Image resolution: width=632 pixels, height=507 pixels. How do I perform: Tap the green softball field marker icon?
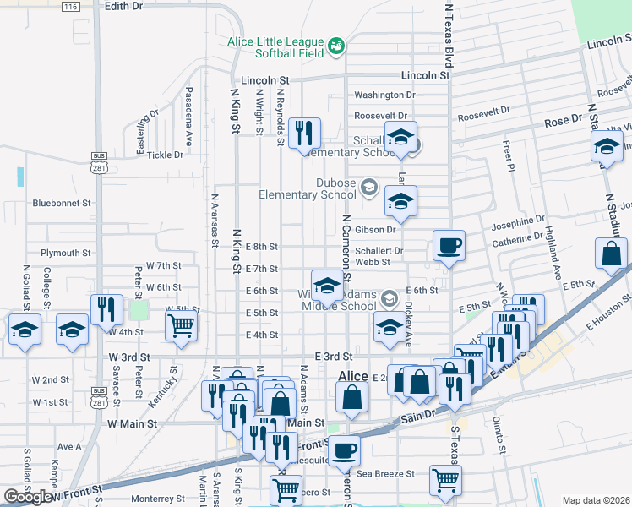[x=336, y=44]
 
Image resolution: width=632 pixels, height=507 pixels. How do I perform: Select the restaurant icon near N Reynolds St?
[x=304, y=134]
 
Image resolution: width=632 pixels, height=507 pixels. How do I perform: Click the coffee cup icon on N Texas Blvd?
[x=449, y=246]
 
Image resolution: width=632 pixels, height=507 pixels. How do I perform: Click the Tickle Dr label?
[x=165, y=155]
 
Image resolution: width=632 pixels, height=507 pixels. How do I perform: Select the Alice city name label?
[x=352, y=377]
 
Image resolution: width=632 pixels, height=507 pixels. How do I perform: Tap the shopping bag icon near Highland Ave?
[x=611, y=253]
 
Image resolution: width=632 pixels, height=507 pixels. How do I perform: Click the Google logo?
[x=29, y=498]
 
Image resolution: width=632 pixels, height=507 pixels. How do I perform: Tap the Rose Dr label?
[x=557, y=122]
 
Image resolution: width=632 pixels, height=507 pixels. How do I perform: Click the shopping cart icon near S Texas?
[x=445, y=480]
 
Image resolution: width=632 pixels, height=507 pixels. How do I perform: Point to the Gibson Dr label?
[x=375, y=229]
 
